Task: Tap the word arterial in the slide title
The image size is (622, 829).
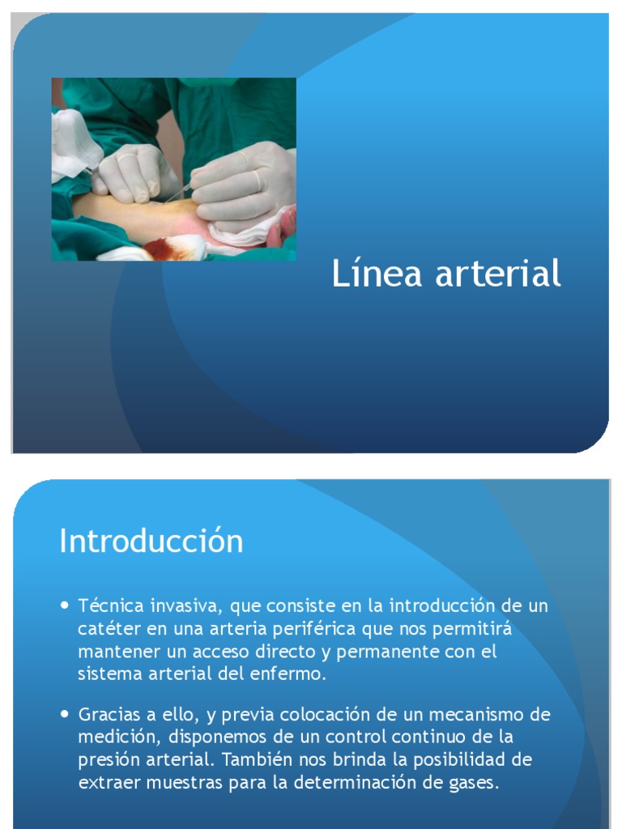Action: pos(498,274)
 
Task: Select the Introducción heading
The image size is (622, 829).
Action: pos(151,541)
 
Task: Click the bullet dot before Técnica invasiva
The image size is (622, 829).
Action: pos(66,605)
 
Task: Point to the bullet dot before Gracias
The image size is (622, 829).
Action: pos(66,715)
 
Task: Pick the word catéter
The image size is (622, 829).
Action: pos(107,629)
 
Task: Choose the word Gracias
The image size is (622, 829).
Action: pos(109,716)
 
